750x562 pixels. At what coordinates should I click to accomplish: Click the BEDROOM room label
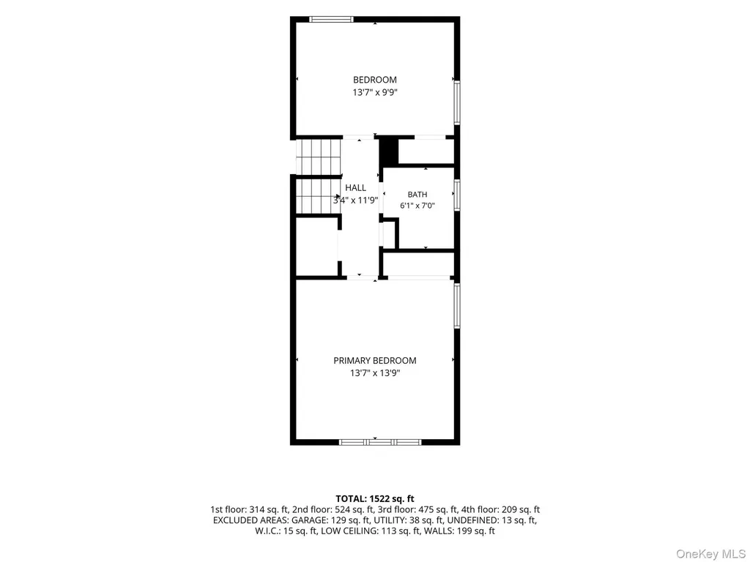374,80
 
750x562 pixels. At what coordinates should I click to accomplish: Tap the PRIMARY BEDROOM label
374,361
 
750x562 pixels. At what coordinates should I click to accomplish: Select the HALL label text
355,188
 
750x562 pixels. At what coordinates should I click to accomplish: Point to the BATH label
417,195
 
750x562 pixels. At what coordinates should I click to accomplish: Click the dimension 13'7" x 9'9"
375,93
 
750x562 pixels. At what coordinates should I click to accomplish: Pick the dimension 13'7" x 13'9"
375,373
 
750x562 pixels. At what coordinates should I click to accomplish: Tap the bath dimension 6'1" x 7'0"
417,206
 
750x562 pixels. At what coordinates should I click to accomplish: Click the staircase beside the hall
318,176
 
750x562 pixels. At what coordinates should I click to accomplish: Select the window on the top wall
331,20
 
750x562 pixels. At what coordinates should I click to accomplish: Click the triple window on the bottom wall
380,442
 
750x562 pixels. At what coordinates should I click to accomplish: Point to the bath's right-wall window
457,195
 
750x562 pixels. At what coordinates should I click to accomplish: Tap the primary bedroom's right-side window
457,306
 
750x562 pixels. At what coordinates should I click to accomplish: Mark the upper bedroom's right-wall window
457,102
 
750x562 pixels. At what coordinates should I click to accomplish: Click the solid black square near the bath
388,151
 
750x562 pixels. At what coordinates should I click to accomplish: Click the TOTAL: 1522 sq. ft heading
374,499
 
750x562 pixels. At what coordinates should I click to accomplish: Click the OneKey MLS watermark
710,554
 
